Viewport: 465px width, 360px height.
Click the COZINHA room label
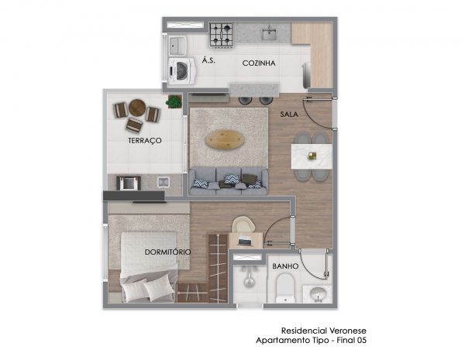pyautogui.click(x=259, y=63)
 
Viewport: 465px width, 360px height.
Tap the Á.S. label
pyautogui.click(x=208, y=60)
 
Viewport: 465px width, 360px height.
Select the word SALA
pyautogui.click(x=289, y=114)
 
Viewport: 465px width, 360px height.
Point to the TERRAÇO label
pyautogui.click(x=145, y=140)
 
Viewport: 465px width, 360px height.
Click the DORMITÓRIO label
pyautogui.click(x=168, y=252)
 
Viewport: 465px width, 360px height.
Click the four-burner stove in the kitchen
pyautogui.click(x=222, y=35)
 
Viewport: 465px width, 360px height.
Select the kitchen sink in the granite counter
pyautogui.click(x=270, y=33)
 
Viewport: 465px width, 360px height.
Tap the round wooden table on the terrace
pyautogui.click(x=137, y=108)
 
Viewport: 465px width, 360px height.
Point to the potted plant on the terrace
pyautogui.click(x=174, y=101)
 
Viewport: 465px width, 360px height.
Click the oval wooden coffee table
pyautogui.click(x=225, y=139)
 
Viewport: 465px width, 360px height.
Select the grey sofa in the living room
pyautogui.click(x=229, y=181)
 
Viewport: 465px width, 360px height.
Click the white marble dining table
pyautogui.click(x=312, y=156)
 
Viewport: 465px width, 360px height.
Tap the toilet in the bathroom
pyautogui.click(x=285, y=288)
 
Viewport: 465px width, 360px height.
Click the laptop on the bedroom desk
pyautogui.click(x=246, y=241)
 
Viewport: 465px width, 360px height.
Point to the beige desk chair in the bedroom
pyautogui.click(x=243, y=224)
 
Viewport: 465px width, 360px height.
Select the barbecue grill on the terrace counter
pyautogui.click(x=129, y=183)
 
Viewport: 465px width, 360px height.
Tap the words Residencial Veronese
pyautogui.click(x=324, y=331)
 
